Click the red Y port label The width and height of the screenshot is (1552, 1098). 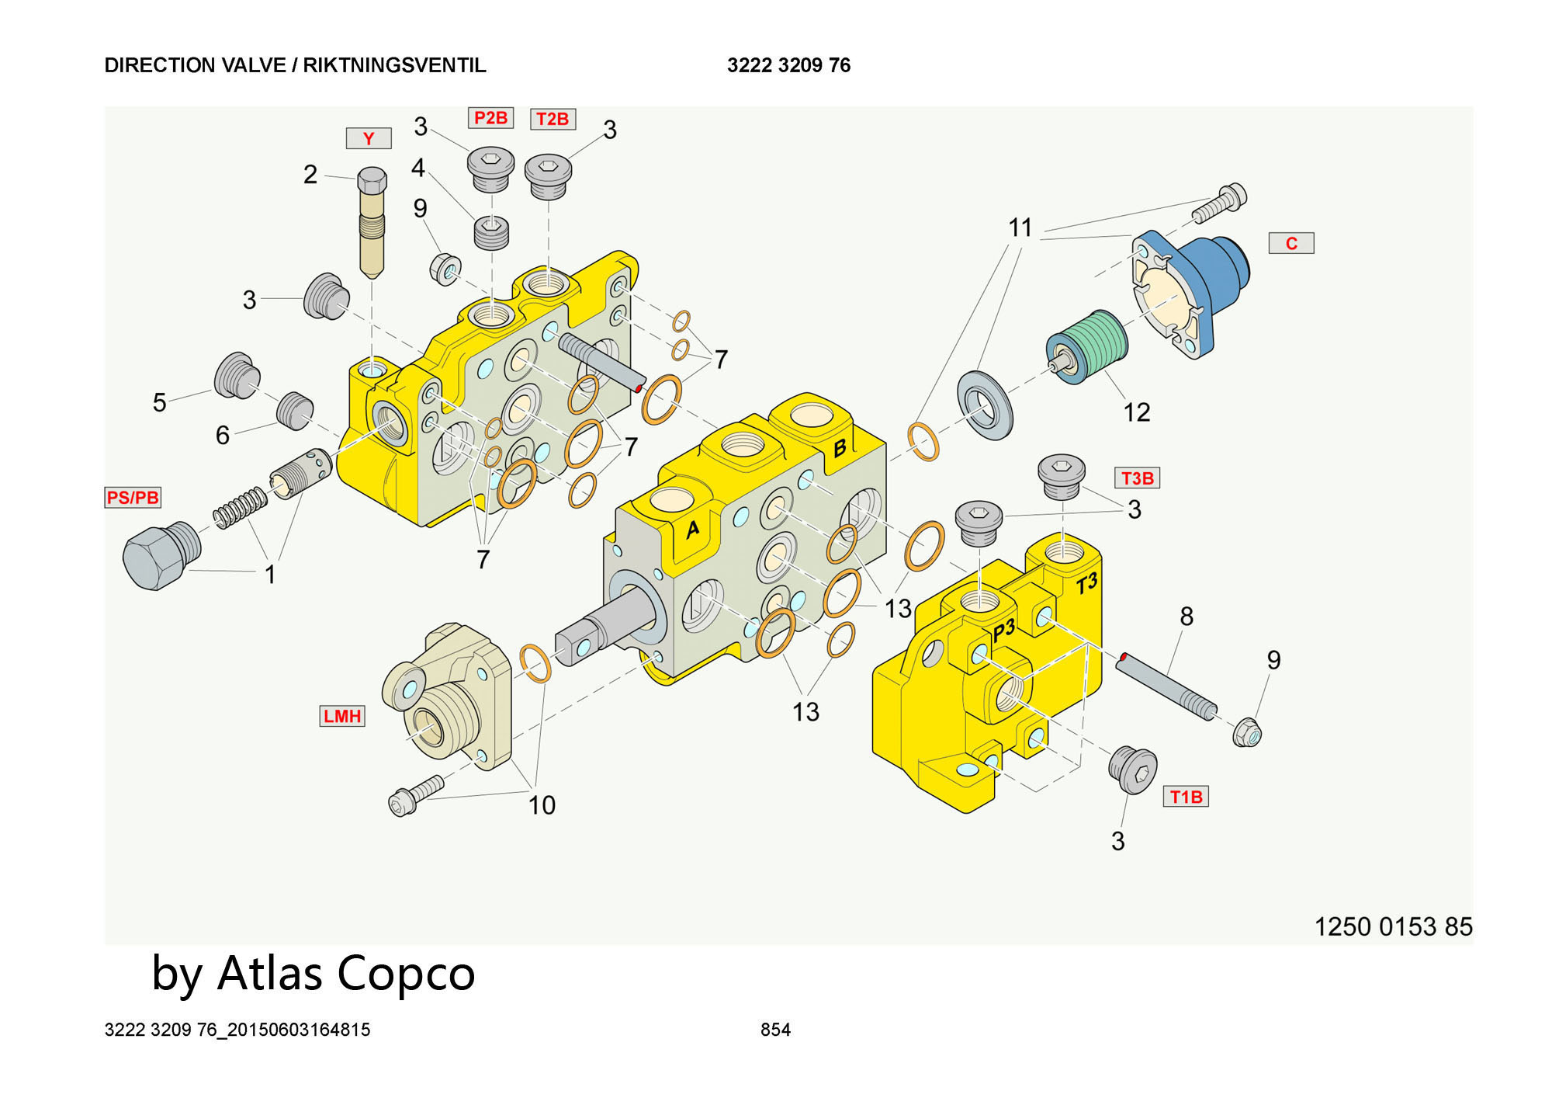[x=369, y=138]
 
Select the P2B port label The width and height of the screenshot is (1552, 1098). [x=490, y=118]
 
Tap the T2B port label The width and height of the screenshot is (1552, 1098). [x=553, y=119]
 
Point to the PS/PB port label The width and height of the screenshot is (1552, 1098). [x=133, y=497]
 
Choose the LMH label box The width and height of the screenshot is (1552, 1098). [x=342, y=716]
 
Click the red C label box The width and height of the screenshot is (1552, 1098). [x=1291, y=243]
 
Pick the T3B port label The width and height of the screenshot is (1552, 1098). [x=1137, y=478]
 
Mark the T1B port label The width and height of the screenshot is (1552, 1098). [x=1186, y=797]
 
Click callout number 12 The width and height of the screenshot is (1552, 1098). [x=1137, y=412]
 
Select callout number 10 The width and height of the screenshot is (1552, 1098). [x=542, y=805]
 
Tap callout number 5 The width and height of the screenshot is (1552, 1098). [x=159, y=402]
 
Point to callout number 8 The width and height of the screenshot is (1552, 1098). [x=1187, y=617]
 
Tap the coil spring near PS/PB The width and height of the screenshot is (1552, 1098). [x=240, y=508]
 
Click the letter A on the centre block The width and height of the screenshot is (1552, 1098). [x=693, y=530]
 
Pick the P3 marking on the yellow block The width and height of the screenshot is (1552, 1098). [x=1003, y=630]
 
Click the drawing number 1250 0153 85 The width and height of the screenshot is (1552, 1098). [x=1393, y=926]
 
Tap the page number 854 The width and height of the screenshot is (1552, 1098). [x=775, y=1030]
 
